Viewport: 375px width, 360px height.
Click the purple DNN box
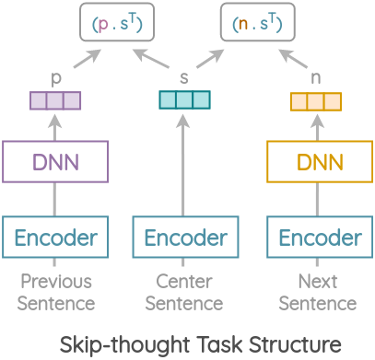pos(56,163)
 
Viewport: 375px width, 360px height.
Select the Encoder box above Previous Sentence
pos(56,238)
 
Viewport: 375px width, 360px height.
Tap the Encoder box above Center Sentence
pos(185,238)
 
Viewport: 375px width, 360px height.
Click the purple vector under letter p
pos(56,99)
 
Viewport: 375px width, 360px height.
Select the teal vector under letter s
pos(185,99)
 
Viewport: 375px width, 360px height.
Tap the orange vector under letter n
pos(315,99)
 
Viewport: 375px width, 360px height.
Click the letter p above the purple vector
pos(56,77)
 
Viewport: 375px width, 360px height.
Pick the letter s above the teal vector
pos(185,76)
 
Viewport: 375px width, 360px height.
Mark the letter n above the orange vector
pos(315,76)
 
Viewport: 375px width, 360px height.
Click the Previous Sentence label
pos(56,291)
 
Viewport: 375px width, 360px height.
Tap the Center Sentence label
pos(185,291)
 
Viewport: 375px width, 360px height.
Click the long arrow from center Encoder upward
pos(185,166)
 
